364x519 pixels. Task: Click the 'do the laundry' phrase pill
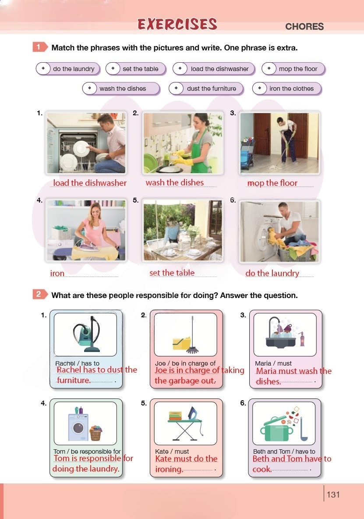(68, 69)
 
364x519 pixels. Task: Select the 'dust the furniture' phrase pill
(206, 89)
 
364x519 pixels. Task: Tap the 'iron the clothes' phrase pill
(286, 89)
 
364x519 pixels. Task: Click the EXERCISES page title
(177, 24)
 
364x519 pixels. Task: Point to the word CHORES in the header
(304, 26)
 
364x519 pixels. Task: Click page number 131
(333, 494)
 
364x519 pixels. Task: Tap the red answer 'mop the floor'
(272, 183)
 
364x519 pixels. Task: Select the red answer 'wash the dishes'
(175, 182)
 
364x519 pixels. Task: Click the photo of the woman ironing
(86, 230)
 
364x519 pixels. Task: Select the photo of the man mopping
(280, 142)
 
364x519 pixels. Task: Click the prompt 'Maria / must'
(273, 363)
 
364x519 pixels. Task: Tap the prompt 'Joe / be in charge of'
(185, 363)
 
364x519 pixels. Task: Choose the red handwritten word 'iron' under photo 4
(57, 274)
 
